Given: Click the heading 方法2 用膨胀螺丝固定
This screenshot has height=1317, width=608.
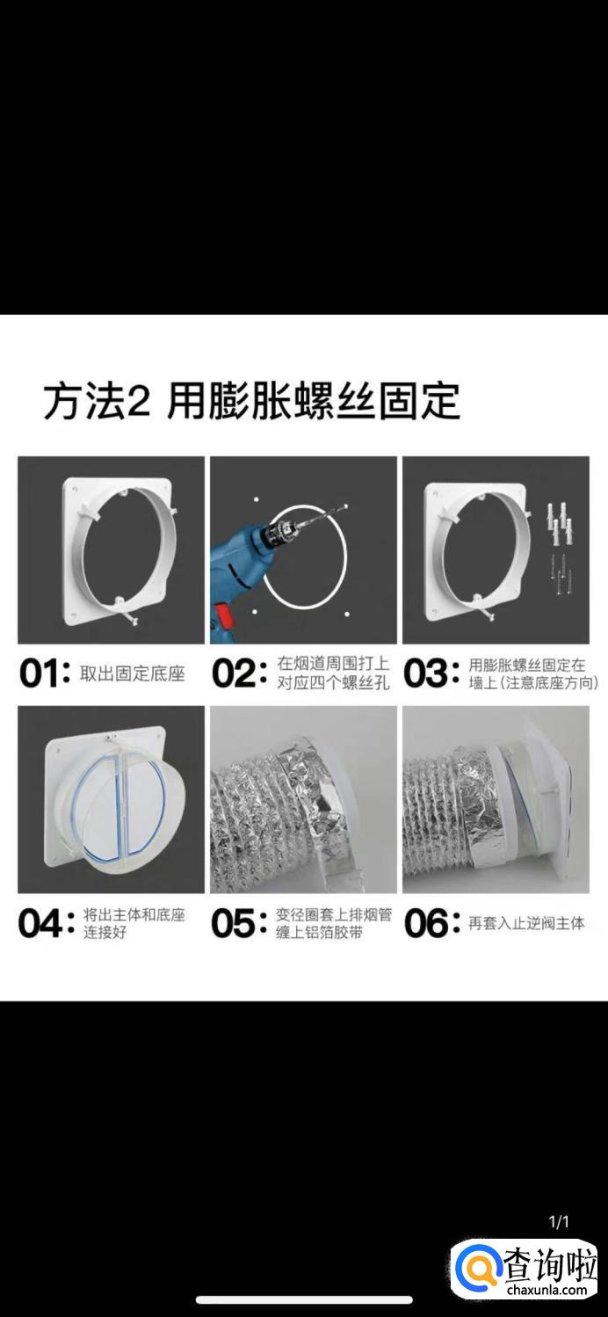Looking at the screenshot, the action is tap(251, 402).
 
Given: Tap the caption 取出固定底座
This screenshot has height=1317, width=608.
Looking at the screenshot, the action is tap(133, 673).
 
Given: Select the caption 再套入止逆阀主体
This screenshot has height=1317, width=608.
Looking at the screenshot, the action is tap(526, 923).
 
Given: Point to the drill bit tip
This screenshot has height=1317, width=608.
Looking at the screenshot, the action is tap(346, 506).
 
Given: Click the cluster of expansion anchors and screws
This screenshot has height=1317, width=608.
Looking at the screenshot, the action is tap(560, 546).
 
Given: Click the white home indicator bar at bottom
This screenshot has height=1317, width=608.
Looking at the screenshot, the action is tap(304, 1300).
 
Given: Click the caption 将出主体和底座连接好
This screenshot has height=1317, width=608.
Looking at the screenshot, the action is tap(134, 924).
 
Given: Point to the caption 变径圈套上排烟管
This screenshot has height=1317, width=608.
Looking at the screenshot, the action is tap(334, 915).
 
